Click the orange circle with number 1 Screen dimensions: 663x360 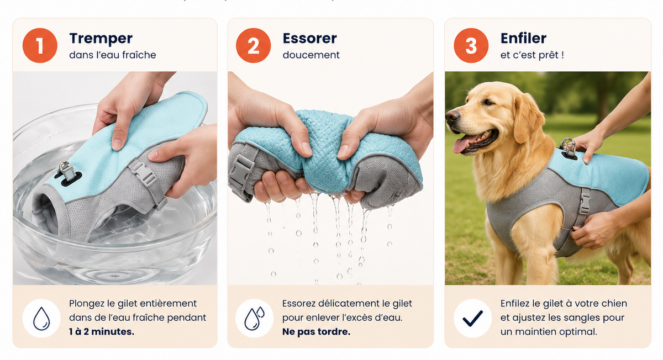point(40,45)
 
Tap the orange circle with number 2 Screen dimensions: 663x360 point(254,45)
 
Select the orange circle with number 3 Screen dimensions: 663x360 point(471,45)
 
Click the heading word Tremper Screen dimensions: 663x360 point(101,39)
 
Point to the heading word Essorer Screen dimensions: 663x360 point(309,39)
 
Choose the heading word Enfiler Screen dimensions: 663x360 point(523,38)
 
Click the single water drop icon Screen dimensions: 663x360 point(41,318)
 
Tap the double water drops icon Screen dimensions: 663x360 point(254,318)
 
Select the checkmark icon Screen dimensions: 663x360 point(473,318)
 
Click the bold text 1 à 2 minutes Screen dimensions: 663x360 point(102,332)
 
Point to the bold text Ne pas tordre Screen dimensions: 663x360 point(316,332)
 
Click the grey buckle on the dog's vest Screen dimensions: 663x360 point(585,201)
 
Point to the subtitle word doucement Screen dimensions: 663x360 point(311,55)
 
